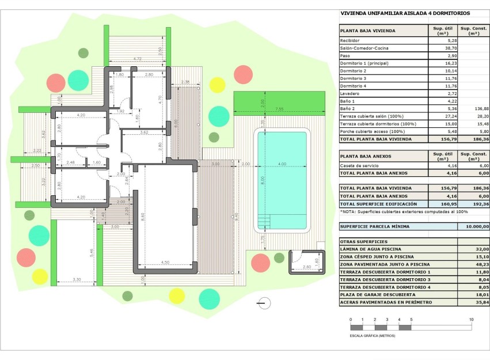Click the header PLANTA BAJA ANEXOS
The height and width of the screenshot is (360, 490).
coord(366,156)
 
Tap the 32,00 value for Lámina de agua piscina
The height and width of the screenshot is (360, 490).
coord(481,249)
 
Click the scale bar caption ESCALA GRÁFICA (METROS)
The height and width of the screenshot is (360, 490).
coord(373,335)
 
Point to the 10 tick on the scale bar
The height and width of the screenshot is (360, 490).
coord(471,319)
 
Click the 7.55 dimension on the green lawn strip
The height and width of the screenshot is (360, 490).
coord(279,109)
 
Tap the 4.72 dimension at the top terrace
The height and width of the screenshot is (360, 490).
coord(137,59)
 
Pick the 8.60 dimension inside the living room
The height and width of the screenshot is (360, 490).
coord(142,215)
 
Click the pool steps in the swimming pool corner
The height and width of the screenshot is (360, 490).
coord(264,221)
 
